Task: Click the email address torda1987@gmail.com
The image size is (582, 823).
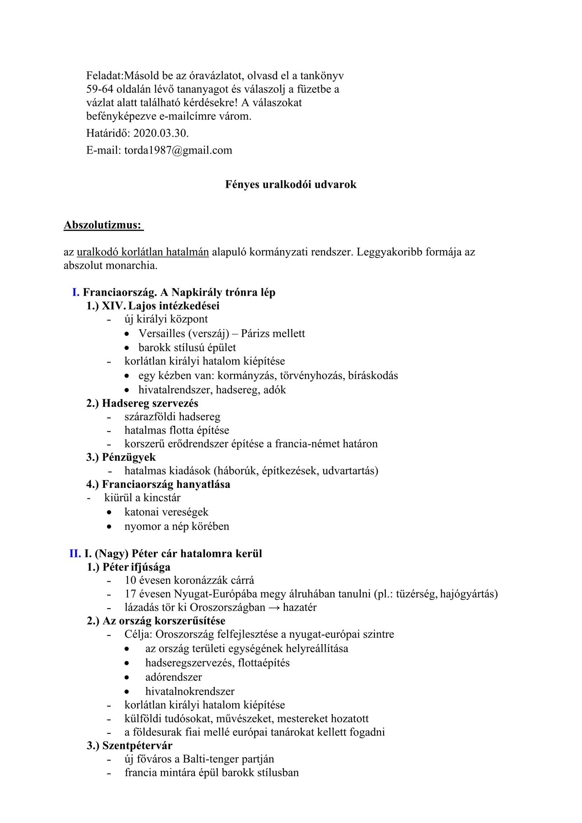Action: coord(178,150)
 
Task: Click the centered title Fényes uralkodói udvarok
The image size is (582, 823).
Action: coord(291,185)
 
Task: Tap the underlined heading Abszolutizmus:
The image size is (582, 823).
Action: coord(103,225)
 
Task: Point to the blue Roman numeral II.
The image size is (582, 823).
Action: coord(75,554)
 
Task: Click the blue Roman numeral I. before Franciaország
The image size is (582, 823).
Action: coord(76,293)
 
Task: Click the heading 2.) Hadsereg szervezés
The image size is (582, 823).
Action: coord(142,403)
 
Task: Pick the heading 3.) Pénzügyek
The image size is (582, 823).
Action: coord(121,457)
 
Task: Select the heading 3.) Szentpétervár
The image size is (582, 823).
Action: coord(129,746)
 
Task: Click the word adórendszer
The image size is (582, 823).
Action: coord(173,677)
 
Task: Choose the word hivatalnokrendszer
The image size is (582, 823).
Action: coord(190,691)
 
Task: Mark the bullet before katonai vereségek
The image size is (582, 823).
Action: coord(109,513)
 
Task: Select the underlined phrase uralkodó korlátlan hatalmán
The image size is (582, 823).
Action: coord(143,252)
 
